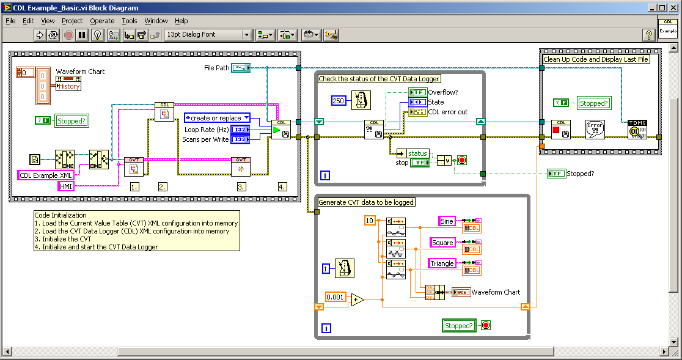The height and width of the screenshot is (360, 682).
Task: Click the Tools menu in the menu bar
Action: tap(129, 21)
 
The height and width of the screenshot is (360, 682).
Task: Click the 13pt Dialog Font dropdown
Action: tap(208, 35)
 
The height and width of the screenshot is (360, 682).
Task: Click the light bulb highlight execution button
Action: tap(97, 35)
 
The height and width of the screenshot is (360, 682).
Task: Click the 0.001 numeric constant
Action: tap(335, 298)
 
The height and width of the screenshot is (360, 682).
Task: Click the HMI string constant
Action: tap(65, 186)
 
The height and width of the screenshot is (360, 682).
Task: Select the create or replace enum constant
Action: tap(217, 117)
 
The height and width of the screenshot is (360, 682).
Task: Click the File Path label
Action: tap(216, 68)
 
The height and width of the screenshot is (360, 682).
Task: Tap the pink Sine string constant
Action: tap(447, 221)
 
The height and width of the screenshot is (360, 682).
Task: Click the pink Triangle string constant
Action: tap(442, 263)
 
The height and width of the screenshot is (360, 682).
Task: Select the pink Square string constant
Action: tap(443, 243)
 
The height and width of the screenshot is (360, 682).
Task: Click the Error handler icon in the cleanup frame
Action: tap(595, 130)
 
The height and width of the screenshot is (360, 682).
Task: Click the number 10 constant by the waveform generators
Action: tap(369, 221)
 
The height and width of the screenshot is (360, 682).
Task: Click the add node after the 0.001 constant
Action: tap(357, 299)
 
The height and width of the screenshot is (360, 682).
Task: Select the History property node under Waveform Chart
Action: tap(69, 86)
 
